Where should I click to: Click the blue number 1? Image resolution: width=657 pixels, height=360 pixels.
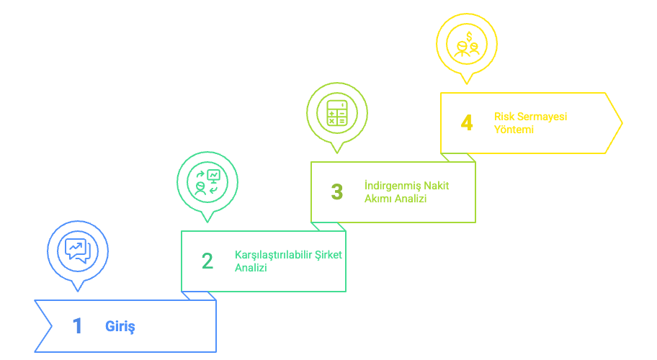click(x=77, y=326)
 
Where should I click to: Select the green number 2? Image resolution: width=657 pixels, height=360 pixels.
click(x=207, y=261)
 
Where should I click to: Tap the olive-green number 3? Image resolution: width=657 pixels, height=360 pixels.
click(x=337, y=192)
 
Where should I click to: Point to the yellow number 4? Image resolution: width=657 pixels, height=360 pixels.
click(x=467, y=123)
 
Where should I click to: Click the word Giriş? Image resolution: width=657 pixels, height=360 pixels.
click(x=120, y=326)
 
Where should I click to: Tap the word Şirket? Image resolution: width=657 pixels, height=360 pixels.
click(x=328, y=255)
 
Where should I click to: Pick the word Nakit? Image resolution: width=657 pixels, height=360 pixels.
click(x=437, y=186)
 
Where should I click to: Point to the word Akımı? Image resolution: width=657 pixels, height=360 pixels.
click(x=379, y=198)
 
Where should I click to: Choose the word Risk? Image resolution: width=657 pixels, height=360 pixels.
click(x=503, y=116)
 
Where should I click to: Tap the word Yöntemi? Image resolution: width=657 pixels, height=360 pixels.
click(x=514, y=130)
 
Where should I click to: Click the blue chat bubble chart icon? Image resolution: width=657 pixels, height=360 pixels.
click(x=77, y=250)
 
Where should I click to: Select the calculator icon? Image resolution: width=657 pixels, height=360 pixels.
click(x=336, y=112)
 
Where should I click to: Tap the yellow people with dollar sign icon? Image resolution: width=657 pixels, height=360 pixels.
click(x=467, y=43)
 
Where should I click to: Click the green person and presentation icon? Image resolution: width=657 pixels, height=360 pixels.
click(x=207, y=181)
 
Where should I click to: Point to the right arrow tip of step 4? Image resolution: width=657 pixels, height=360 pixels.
click(x=621, y=123)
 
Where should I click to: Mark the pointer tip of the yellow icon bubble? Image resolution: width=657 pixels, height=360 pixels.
click(x=467, y=83)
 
